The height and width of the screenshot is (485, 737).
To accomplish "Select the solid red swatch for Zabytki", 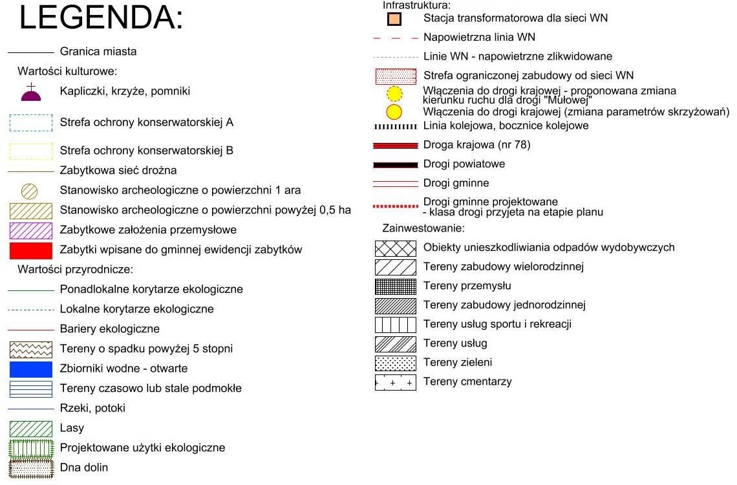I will (31, 250).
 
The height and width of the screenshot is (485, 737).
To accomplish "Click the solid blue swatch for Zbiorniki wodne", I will (31, 369).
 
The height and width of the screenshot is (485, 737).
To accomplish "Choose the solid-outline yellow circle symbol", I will (394, 111).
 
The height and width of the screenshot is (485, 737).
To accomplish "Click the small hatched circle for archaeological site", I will (31, 191).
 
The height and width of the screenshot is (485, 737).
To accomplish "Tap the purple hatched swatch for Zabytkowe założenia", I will (31, 230).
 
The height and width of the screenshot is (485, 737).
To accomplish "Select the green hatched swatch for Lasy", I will (31, 428).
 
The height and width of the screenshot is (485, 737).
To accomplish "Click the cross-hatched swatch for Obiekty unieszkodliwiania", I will (396, 248).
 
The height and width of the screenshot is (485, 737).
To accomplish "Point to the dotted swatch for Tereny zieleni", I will (396, 363).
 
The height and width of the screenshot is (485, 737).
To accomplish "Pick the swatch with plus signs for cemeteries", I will (396, 382).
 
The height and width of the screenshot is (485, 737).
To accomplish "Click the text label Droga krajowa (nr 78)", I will (476, 145).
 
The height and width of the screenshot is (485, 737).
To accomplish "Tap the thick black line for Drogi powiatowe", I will (396, 164).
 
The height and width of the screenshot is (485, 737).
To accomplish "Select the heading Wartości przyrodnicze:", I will (75, 270).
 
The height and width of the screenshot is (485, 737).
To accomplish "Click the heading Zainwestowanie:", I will (423, 228).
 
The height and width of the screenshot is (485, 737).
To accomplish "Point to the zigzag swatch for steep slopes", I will (31, 349).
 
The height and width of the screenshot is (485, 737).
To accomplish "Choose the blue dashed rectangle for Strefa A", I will (31, 122).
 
